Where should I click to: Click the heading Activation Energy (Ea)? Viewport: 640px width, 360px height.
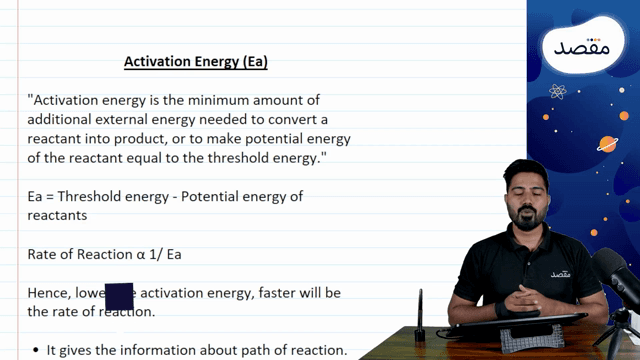point(196,62)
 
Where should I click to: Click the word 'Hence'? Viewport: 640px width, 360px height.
point(49,292)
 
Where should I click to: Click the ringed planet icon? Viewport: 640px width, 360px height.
point(608,143)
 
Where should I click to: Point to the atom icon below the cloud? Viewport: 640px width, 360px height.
point(558,92)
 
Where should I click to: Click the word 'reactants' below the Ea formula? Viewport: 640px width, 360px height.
point(57,215)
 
